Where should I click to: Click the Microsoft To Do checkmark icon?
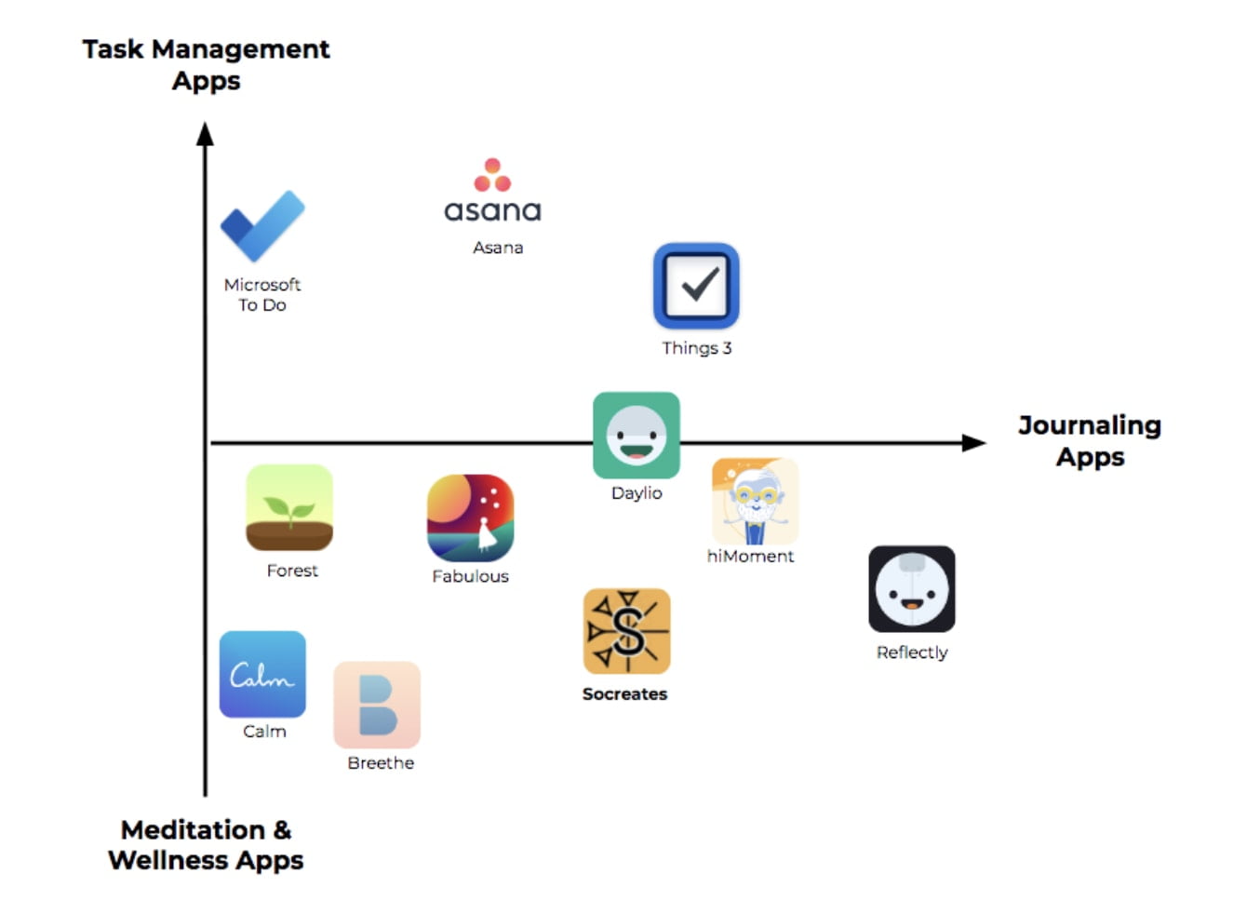pyautogui.click(x=261, y=225)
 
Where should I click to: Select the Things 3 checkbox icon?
pyautogui.click(x=696, y=286)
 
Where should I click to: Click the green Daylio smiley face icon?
pyautogui.click(x=637, y=435)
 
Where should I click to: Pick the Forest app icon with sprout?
pyautogui.click(x=289, y=507)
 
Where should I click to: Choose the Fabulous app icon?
pyautogui.click(x=470, y=517)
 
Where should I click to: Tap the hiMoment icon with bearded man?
pyautogui.click(x=755, y=501)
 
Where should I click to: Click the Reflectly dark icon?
pyautogui.click(x=912, y=589)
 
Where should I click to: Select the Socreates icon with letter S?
pyautogui.click(x=626, y=631)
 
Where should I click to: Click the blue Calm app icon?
pyautogui.click(x=262, y=674)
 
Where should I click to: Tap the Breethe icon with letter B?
pyautogui.click(x=377, y=705)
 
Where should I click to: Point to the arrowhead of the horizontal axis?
pyautogui.click(x=974, y=443)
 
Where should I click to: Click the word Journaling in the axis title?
pyautogui.click(x=1090, y=425)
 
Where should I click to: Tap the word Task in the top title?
pyautogui.click(x=113, y=49)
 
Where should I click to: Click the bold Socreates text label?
pyautogui.click(x=624, y=694)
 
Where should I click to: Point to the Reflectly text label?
pyautogui.click(x=912, y=652)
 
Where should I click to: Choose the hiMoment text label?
pyautogui.click(x=750, y=557)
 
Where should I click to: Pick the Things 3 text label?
pyautogui.click(x=696, y=348)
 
